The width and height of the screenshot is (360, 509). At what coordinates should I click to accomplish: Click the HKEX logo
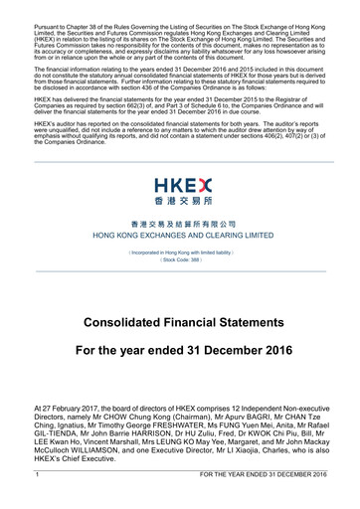pyautogui.click(x=180, y=189)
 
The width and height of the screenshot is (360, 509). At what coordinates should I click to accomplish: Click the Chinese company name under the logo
pyautogui.click(x=180, y=226)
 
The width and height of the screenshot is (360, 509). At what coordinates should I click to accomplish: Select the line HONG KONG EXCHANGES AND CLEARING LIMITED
pyautogui.click(x=180, y=236)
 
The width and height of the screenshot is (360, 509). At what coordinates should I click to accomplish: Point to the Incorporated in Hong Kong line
pyautogui.click(x=180, y=253)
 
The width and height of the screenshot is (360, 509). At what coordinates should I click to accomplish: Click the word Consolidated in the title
pyautogui.click(x=127, y=323)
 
